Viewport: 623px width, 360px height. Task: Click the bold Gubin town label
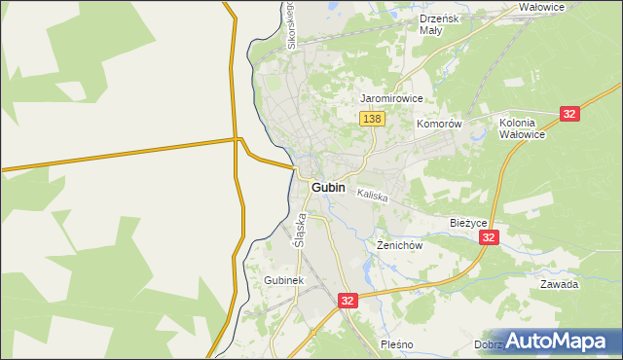[x=331, y=188]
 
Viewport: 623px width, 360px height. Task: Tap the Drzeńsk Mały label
[x=432, y=24]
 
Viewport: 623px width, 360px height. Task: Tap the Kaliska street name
[x=372, y=196]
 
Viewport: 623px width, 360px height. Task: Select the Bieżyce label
[x=468, y=223]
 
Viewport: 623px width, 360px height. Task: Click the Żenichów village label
[x=399, y=245]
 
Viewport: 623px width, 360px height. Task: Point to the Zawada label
[x=560, y=285]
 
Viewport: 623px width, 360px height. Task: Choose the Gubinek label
[x=284, y=280]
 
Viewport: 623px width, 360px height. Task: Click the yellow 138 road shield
[x=373, y=119]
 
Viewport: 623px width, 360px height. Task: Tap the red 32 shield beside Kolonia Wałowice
[x=570, y=114]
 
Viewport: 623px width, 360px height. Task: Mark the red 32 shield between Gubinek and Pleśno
[x=348, y=302]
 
